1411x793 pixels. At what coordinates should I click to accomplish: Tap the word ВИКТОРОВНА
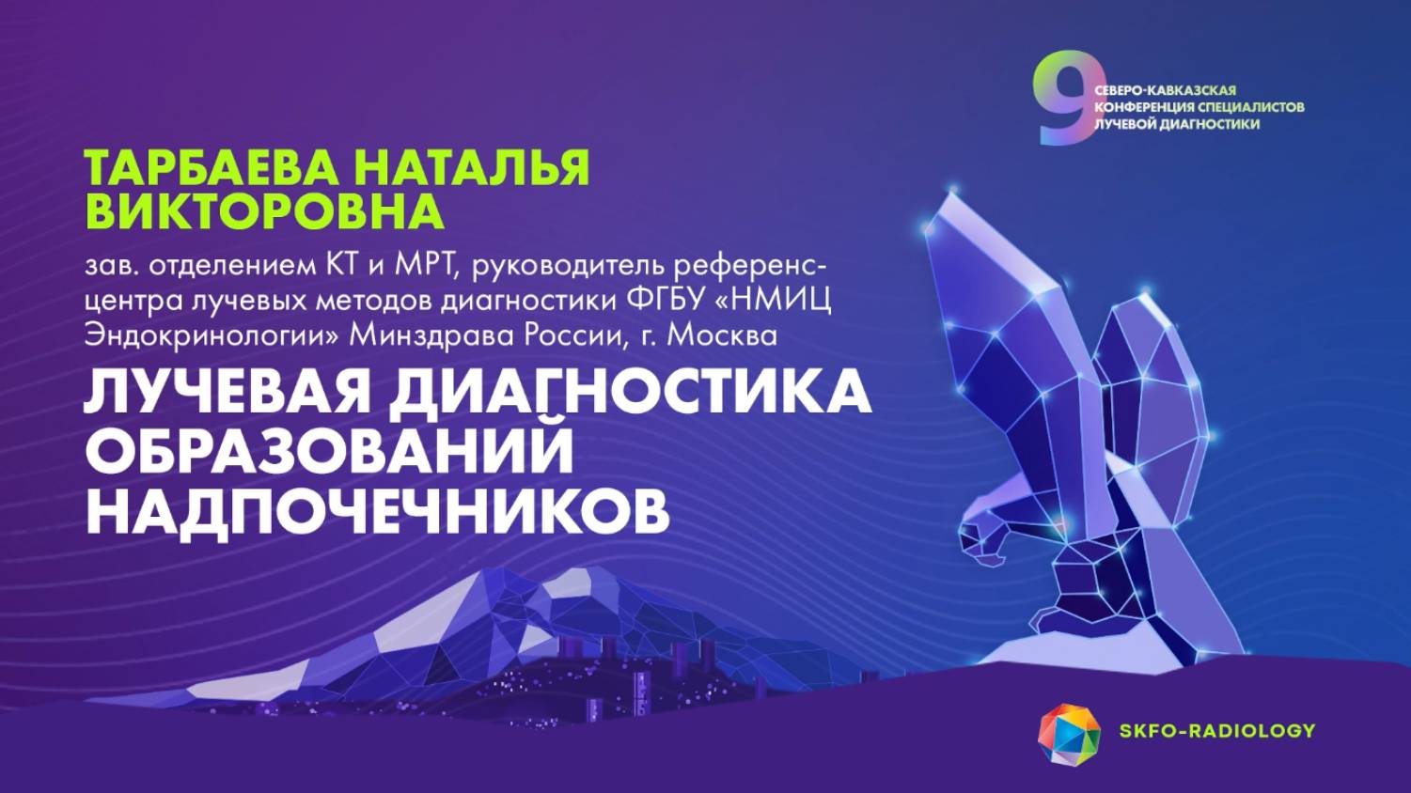264,211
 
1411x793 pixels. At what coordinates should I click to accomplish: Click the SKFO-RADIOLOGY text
1216,731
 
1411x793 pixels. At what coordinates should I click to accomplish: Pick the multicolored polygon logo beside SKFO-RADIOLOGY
1069,733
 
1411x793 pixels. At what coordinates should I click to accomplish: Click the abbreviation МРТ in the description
424,266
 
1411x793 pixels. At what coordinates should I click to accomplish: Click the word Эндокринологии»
212,335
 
